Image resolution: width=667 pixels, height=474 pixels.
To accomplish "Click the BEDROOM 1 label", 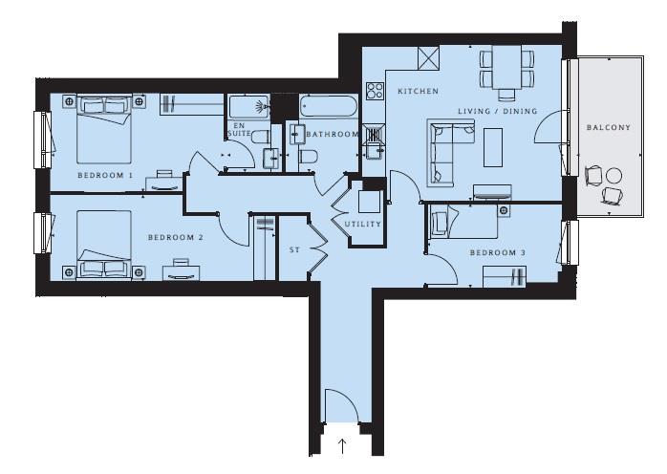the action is click(x=105, y=175).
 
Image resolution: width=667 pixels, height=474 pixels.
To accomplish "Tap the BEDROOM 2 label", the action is click(x=176, y=237).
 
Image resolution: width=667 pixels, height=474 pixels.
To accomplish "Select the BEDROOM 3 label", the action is click(x=498, y=252).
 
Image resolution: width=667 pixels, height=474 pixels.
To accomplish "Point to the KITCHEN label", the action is click(x=418, y=91).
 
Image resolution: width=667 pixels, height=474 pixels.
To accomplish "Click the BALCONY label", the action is click(x=609, y=127).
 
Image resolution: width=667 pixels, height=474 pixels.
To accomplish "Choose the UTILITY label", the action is click(x=363, y=225).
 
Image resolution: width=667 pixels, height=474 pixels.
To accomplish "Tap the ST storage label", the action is click(x=294, y=250).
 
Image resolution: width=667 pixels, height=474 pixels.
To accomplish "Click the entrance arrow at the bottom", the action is click(x=342, y=446).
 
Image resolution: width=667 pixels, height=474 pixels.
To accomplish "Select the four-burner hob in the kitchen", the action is click(x=375, y=91).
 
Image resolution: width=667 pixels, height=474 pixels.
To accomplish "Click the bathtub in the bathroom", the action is click(x=328, y=106).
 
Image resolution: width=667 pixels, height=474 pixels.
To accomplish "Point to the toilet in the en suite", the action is click(x=260, y=137).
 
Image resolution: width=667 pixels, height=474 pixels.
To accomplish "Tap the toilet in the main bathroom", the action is click(x=308, y=156).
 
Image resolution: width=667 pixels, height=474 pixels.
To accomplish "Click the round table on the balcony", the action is click(x=613, y=175).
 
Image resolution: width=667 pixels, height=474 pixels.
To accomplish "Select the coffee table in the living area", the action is click(x=493, y=147).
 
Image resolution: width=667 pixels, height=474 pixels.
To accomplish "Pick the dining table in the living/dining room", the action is click(x=506, y=67).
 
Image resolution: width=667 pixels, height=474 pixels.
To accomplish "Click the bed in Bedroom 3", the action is click(x=464, y=222).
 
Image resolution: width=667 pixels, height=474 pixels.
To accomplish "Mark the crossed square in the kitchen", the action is click(x=428, y=58).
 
